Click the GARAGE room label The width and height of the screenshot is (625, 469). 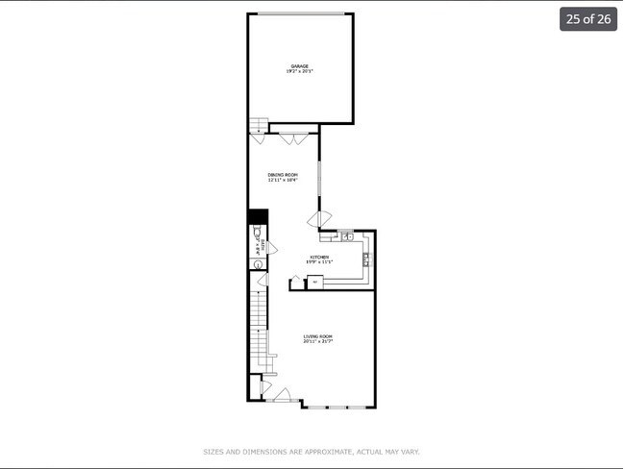[x=300, y=66]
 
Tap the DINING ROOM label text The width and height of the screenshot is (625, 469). [x=283, y=175]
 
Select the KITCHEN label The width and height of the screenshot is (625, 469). [x=319, y=257]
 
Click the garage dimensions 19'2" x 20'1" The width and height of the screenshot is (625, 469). [x=300, y=71]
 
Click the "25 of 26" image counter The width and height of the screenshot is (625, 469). [x=587, y=19]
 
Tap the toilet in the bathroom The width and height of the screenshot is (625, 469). [x=256, y=233]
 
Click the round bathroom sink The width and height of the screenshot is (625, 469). [x=258, y=279]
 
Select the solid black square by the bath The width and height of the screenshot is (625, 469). [x=258, y=217]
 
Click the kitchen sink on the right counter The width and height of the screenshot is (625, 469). [x=366, y=258]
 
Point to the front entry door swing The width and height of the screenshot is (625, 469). [x=282, y=395]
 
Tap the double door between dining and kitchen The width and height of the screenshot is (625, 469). [x=318, y=219]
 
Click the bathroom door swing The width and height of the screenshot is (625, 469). [x=272, y=248]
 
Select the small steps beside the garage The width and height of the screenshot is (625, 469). [x=258, y=126]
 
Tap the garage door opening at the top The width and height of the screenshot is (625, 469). [x=300, y=13]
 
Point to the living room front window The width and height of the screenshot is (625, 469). [x=337, y=407]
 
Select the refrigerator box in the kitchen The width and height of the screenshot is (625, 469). [x=314, y=282]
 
